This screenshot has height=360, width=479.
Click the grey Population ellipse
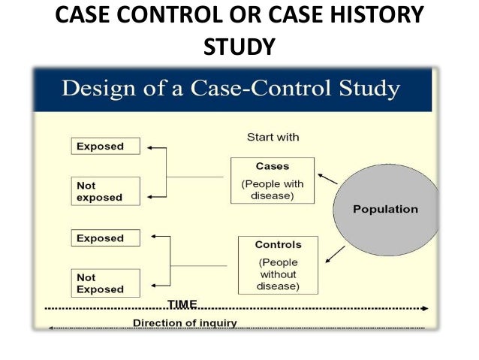click(x=385, y=208)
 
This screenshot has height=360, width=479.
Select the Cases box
click(x=272, y=180)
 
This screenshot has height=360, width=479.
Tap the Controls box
click(x=278, y=265)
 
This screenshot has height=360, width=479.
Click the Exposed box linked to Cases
click(x=106, y=147)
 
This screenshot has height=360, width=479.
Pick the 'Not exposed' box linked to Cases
click(x=106, y=191)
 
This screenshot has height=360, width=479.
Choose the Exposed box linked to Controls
click(x=106, y=238)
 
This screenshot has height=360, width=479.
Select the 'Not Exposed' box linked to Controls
click(x=106, y=283)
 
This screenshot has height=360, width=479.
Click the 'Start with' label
click(x=273, y=138)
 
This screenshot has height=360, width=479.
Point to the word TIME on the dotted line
click(x=182, y=304)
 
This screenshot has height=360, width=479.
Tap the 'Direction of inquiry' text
click(x=185, y=323)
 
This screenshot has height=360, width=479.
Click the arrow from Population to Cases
click(x=327, y=179)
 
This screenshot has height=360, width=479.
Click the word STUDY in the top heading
click(x=239, y=47)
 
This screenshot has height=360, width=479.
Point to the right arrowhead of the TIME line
click(x=425, y=308)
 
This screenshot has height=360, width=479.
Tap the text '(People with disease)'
click(x=272, y=189)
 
